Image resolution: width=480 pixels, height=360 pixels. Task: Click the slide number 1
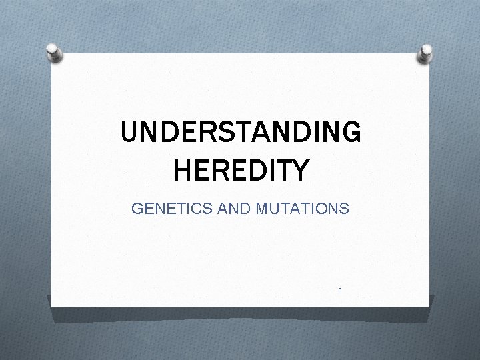click(340, 291)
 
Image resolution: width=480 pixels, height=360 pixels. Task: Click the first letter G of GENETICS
click(138, 209)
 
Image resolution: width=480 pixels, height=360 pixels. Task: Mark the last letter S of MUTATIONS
click(343, 209)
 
